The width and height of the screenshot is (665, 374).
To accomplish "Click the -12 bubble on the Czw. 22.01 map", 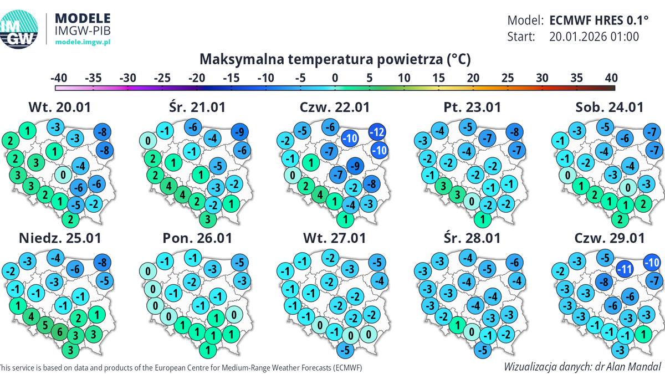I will [x=378, y=132].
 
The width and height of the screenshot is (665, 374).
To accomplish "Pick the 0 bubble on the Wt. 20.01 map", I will [x=63, y=175].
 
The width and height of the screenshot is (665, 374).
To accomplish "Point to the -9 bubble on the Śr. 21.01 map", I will [x=240, y=132].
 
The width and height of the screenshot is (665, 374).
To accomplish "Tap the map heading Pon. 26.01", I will [x=197, y=238].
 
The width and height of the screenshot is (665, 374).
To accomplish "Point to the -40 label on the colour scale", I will [x=59, y=78].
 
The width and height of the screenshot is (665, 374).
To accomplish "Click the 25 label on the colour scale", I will [x=507, y=78].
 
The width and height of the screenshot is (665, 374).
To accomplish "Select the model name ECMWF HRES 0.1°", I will [x=599, y=21].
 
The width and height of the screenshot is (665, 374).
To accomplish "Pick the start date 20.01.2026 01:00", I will [x=595, y=37].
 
